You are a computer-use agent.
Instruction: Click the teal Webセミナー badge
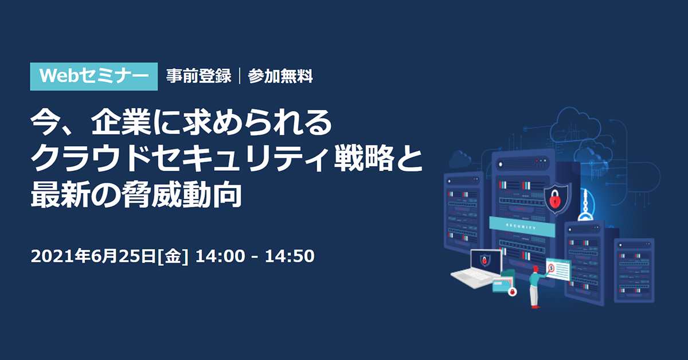click(93, 76)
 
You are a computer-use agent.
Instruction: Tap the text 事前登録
click(198, 76)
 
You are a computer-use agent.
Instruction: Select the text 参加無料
click(280, 76)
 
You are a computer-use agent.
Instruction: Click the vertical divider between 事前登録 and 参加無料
click(239, 76)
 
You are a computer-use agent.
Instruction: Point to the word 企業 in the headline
click(121, 123)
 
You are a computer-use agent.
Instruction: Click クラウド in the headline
click(91, 158)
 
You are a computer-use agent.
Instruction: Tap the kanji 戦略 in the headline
click(364, 158)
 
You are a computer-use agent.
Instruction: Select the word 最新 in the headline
click(61, 194)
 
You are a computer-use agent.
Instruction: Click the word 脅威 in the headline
click(151, 194)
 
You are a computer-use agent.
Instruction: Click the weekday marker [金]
click(173, 256)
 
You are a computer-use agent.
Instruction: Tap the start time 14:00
click(220, 256)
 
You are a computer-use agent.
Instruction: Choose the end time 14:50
click(290, 256)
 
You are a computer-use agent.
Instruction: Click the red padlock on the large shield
click(555, 199)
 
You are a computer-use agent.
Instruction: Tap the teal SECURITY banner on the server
click(522, 226)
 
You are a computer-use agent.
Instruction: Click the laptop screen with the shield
click(486, 261)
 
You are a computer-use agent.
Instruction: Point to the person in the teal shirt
click(536, 287)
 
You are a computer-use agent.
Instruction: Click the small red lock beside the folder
click(512, 292)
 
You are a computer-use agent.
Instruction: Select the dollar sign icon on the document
click(551, 268)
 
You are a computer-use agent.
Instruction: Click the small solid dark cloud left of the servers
click(460, 159)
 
